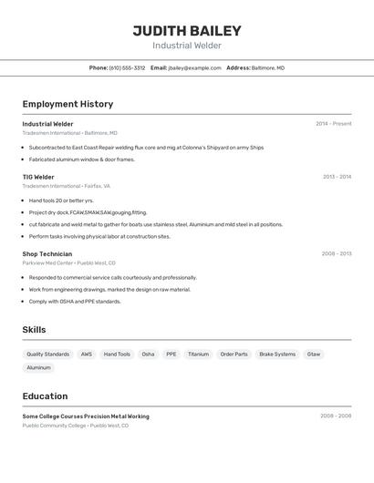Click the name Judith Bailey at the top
pyautogui.click(x=187, y=30)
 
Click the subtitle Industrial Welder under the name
pyautogui.click(x=187, y=46)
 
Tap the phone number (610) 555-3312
pyautogui.click(x=127, y=67)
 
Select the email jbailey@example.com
pyautogui.click(x=194, y=67)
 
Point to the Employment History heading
pyautogui.click(x=68, y=104)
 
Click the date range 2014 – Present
pyautogui.click(x=333, y=124)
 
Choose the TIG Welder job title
pyautogui.click(x=38, y=177)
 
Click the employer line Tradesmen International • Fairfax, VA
pyautogui.click(x=66, y=186)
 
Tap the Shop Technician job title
pyautogui.click(x=47, y=253)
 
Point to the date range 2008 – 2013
pyautogui.click(x=336, y=254)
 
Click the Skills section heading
pyautogui.click(x=34, y=330)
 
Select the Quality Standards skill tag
pyautogui.click(x=47, y=354)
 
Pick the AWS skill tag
pyautogui.click(x=87, y=354)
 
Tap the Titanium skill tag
pyautogui.click(x=198, y=354)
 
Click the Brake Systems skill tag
pyautogui.click(x=277, y=354)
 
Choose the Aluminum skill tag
pyautogui.click(x=38, y=367)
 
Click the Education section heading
pyautogui.click(x=45, y=396)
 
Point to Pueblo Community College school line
pyautogui.click(x=75, y=426)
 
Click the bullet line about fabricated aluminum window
pyautogui.click(x=81, y=159)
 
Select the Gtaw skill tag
pyautogui.click(x=314, y=354)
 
